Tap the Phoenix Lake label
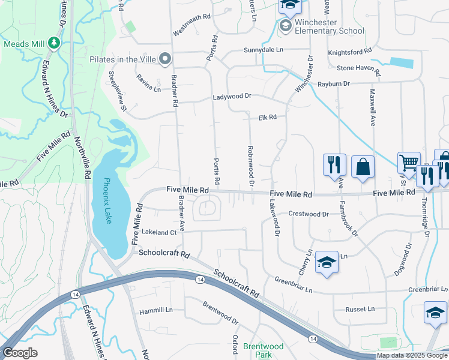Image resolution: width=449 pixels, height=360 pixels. tap(107, 201)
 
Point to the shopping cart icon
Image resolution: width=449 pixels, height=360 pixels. tap(409, 163)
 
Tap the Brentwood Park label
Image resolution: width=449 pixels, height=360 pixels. tap(263, 350)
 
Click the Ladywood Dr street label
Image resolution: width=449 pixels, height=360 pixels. tap(231, 97)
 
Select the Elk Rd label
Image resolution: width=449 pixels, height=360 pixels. tap(267, 118)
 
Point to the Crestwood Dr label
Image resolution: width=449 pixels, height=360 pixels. tap(309, 214)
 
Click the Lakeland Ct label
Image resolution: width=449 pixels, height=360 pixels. tap(159, 232)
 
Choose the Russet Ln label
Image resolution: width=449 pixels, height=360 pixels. tap(360, 309)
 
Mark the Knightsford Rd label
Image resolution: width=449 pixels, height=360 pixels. tap(348, 53)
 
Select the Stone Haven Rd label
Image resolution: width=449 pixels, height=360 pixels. tap(355, 68)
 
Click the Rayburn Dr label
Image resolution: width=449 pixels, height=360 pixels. tap(334, 84)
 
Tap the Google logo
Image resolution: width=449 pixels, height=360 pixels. tap(20, 353)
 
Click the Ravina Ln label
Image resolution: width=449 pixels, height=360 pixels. tap(149, 83)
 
